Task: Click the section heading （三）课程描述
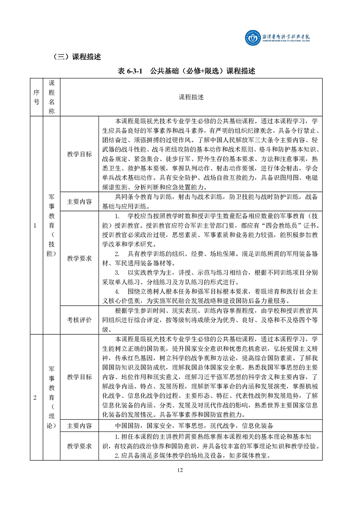coord(77,58)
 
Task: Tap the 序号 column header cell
coord(36,97)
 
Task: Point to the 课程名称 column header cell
coord(51,97)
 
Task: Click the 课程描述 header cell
coord(191,97)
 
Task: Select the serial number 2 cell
coord(36,398)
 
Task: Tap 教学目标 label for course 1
coord(79,154)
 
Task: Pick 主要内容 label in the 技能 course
coord(79,201)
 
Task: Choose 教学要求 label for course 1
coord(79,259)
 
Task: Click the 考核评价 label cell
coord(79,320)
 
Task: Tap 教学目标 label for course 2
coord(79,377)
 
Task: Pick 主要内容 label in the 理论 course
coord(79,426)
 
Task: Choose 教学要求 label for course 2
coord(79,445)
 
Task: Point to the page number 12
coord(180,470)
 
